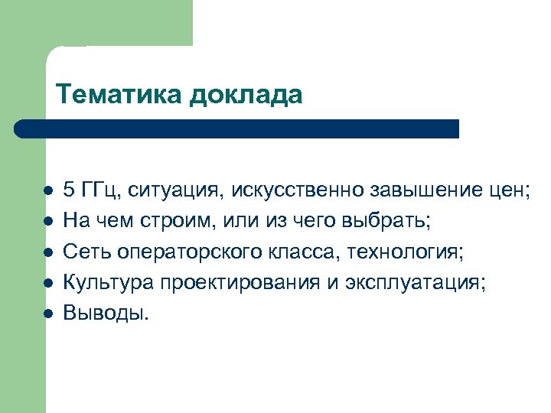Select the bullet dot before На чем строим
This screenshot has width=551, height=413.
(x=47, y=221)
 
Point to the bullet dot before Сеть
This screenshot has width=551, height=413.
(x=47, y=252)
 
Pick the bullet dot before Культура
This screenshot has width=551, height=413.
(x=47, y=282)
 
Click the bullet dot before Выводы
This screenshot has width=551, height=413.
(x=47, y=313)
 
